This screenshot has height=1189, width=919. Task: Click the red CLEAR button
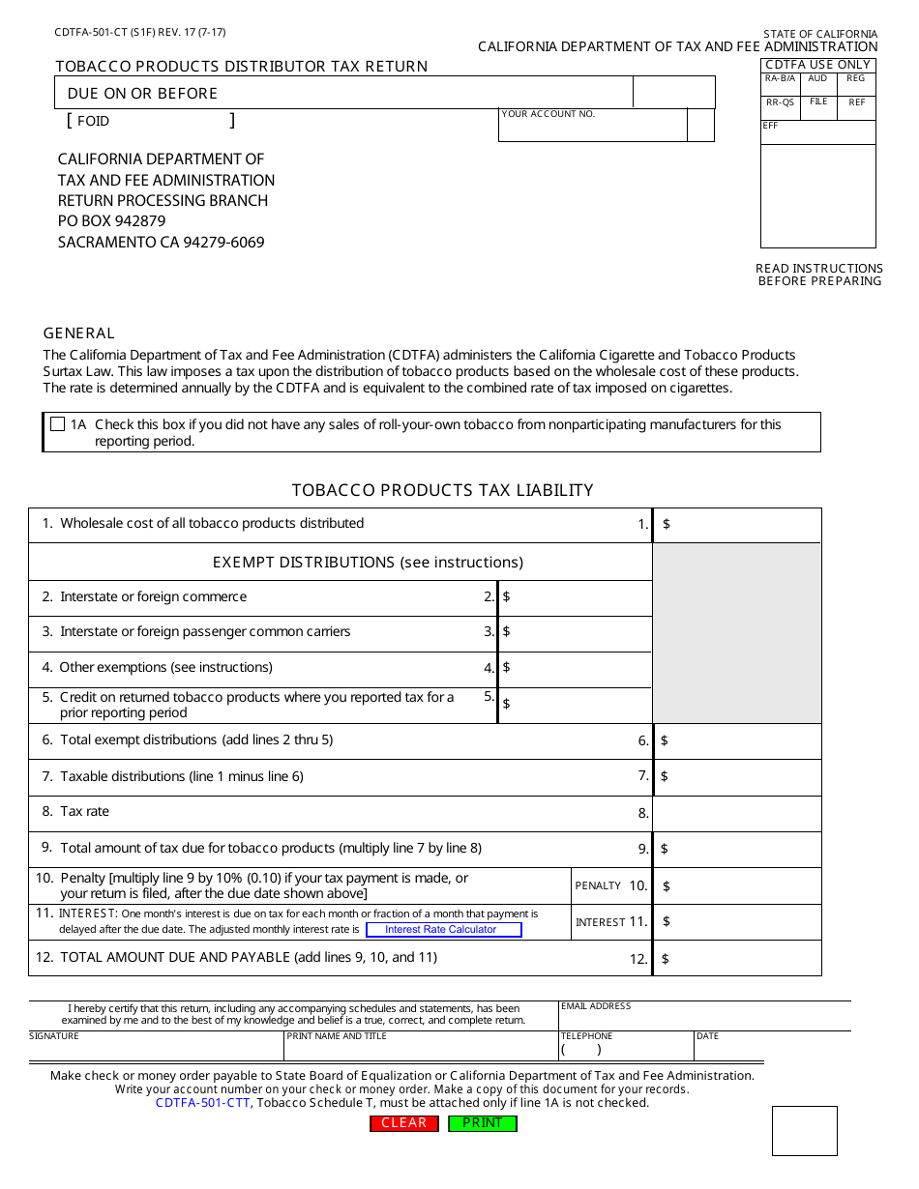404,1123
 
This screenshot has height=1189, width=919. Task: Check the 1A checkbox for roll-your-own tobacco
57,424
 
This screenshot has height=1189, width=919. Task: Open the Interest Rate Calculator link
443,930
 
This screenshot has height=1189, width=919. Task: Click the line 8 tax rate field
737,814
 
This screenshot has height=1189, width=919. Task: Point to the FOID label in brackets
93,122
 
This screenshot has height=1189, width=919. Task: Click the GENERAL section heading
79,333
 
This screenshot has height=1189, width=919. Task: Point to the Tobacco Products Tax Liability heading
442,490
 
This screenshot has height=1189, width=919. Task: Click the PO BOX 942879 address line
111,221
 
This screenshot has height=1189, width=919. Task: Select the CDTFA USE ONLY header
817,65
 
